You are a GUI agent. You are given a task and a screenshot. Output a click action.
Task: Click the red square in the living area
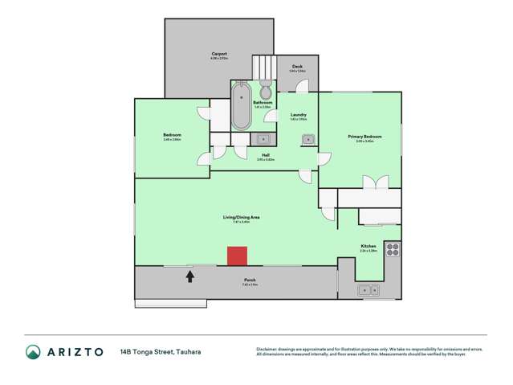pos(237,256)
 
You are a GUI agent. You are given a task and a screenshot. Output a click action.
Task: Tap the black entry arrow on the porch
pos(190,276)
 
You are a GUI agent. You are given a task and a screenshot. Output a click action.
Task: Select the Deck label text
pos(296,68)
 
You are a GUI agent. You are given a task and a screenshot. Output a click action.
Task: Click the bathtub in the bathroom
pos(241,111)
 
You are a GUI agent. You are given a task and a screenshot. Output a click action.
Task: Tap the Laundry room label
pos(298,116)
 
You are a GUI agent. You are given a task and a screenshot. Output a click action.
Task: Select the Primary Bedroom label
pos(364,137)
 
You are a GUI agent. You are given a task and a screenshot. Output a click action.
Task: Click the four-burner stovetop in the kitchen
pos(392,249)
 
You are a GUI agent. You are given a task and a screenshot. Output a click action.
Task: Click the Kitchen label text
pos(368,246)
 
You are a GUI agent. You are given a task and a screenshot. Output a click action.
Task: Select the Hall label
pos(265,156)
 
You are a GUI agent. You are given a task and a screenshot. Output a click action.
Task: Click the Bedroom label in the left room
pos(172,134)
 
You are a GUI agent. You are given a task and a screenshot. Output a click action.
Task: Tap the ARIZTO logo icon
pos(32,352)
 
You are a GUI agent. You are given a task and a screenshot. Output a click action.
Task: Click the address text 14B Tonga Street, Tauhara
pos(159,352)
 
